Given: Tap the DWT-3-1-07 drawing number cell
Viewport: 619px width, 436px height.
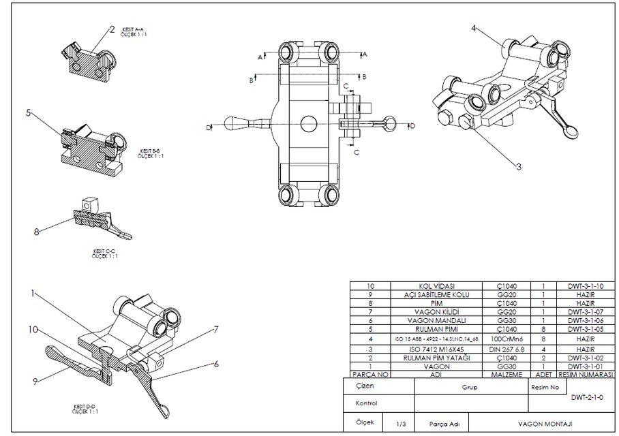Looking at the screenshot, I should click(586, 312).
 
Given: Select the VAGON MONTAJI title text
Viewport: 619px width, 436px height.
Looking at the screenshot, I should click(543, 424).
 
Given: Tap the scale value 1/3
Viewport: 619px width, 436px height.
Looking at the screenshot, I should click(402, 424).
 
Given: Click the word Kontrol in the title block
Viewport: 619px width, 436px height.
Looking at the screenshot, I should click(366, 403).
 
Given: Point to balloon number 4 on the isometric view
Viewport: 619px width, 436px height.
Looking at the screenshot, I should click(473, 28).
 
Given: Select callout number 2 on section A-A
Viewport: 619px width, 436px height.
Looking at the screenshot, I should click(112, 29).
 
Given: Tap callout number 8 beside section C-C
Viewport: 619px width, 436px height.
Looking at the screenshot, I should click(36, 232).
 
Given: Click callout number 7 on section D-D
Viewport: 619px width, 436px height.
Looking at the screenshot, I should click(215, 329).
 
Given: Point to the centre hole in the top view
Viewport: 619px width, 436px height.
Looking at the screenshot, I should click(307, 124).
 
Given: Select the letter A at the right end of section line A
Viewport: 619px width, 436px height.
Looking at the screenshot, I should click(365, 53).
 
